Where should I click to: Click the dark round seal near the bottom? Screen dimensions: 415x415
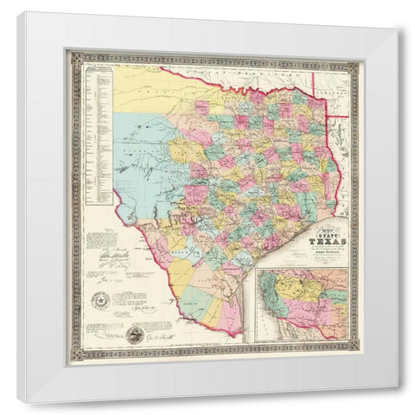click(x=134, y=335)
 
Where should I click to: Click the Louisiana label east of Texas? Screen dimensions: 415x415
click(x=344, y=173)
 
